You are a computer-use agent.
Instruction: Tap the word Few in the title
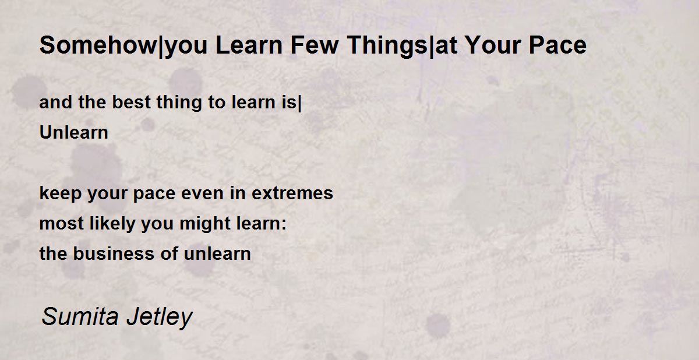pyautogui.click(x=315, y=45)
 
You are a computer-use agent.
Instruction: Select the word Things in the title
pyautogui.click(x=387, y=47)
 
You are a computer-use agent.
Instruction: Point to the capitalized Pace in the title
pyautogui.click(x=557, y=45)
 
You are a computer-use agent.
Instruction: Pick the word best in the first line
pyautogui.click(x=132, y=102)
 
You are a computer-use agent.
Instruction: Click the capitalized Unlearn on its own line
pyautogui.click(x=74, y=132)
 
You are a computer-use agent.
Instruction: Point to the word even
pyautogui.click(x=202, y=193)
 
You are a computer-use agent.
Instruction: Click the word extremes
pyautogui.click(x=292, y=193)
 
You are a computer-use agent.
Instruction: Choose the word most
pyautogui.click(x=62, y=223)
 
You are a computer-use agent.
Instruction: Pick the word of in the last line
pyautogui.click(x=169, y=253)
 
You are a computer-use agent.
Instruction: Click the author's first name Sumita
pyautogui.click(x=80, y=316)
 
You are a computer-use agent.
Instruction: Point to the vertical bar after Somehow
pyautogui.click(x=161, y=47)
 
